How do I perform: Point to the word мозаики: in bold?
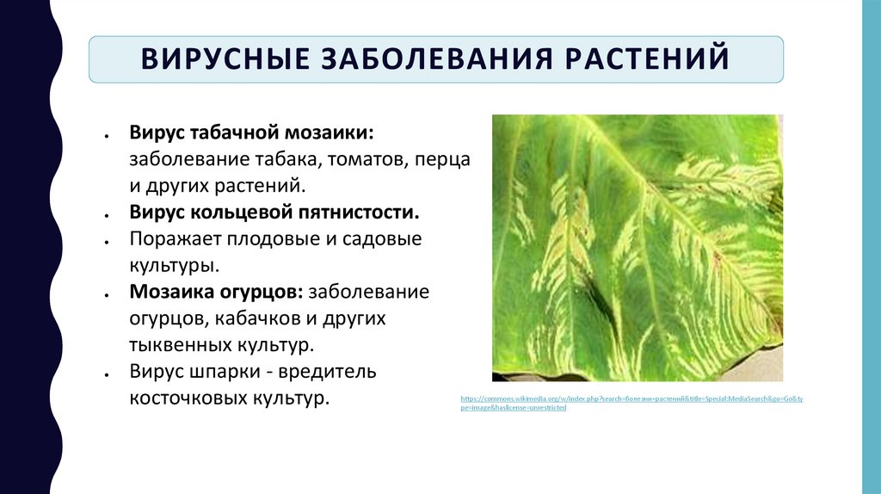[331, 134]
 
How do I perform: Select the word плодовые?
[274, 239]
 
